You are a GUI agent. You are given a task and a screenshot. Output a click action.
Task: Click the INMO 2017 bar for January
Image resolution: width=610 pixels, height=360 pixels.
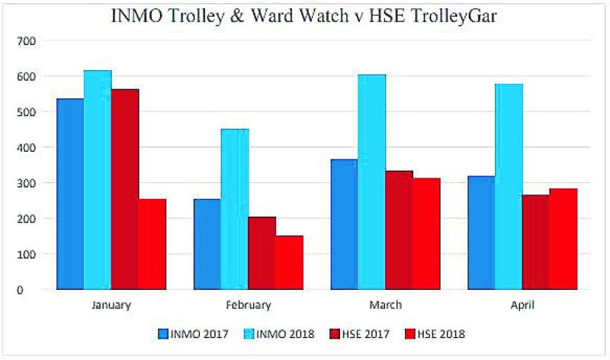pos(70,194)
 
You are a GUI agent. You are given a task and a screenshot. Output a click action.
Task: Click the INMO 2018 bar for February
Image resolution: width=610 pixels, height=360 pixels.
pos(235,209)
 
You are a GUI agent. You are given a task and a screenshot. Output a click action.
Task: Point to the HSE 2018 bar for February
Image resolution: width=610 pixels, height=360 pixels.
pos(290,262)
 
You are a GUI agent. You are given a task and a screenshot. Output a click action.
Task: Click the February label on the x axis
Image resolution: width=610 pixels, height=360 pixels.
pos(249,305)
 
